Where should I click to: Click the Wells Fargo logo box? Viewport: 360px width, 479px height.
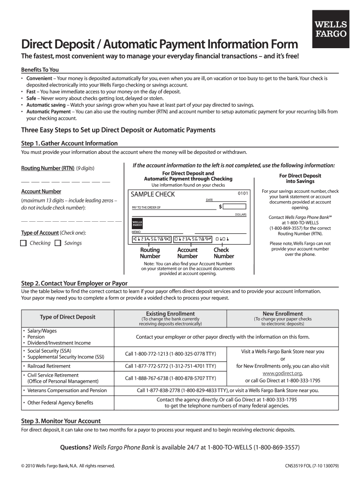[x=333, y=29]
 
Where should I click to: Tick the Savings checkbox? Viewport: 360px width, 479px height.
[x=58, y=243]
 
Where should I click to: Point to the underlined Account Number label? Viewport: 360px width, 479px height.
[x=41, y=191]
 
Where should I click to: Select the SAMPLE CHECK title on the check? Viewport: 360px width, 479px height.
[x=152, y=195]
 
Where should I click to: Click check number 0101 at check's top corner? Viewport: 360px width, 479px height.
[x=243, y=193]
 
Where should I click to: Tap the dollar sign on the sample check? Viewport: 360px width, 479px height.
[x=221, y=207]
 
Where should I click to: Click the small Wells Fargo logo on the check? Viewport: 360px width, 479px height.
[x=137, y=223]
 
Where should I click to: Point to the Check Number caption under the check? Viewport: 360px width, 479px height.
[x=224, y=253]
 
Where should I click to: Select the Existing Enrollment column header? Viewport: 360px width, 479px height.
[x=170, y=313]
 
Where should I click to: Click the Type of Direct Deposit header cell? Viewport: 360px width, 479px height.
[x=67, y=317]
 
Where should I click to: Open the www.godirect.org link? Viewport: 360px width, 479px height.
[x=282, y=373]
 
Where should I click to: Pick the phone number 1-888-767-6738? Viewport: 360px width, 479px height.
[x=146, y=378]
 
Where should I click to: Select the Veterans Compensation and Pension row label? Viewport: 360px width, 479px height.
[x=67, y=391]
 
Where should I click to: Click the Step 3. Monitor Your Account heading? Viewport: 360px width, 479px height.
[x=61, y=421]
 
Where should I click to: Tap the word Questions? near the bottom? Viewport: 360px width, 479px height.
[x=76, y=447]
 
